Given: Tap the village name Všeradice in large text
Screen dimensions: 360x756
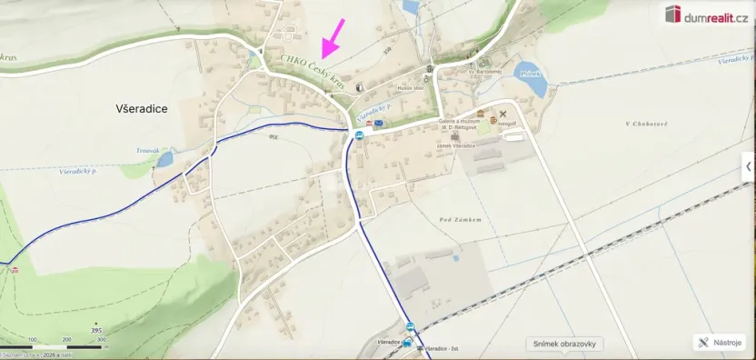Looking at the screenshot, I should coord(142,108).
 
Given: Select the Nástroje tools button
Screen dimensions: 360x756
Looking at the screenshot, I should coord(720,343).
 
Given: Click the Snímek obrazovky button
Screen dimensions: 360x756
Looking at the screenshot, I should coord(565,344).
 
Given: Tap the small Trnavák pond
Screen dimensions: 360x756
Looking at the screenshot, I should coord(164,159).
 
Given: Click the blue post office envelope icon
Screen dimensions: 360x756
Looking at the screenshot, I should coord(379,123).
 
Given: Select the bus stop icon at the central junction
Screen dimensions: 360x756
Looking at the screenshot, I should coord(359,135).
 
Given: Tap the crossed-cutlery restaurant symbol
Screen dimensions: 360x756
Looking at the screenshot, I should coord(502,114).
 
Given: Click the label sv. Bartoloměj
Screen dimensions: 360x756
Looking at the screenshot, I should coord(486,70).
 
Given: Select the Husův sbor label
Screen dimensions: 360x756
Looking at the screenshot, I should coord(412,88).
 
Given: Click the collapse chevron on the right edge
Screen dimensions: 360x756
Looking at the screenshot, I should coord(748,166).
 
